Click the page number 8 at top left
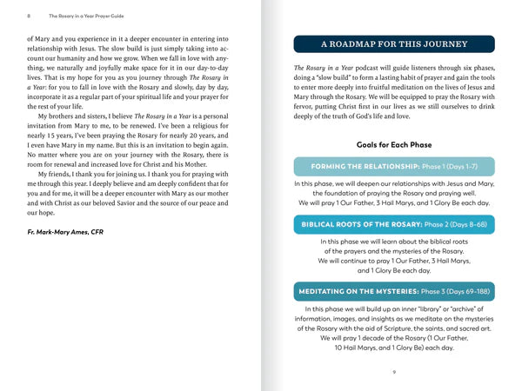pyautogui.click(x=30, y=16)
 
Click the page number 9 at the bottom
pyautogui.click(x=394, y=372)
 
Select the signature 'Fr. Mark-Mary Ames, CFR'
pyautogui.click(x=68, y=233)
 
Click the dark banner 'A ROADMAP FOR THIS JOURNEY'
pyautogui.click(x=394, y=44)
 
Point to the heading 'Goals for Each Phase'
pyautogui.click(x=394, y=145)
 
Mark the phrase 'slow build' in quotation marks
pyautogui.click(x=336, y=79)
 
